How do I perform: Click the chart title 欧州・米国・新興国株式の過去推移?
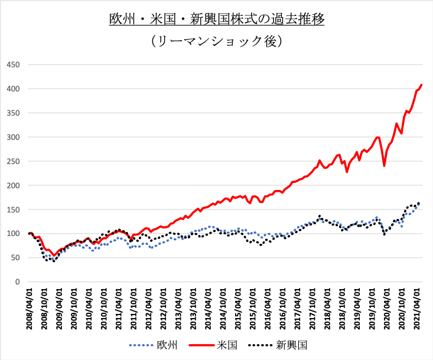pyautogui.click(x=217, y=19)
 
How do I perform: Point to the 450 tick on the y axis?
pyautogui.click(x=13, y=64)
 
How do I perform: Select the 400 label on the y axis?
pyautogui.click(x=13, y=89)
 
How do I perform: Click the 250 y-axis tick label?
pyautogui.click(x=13, y=161)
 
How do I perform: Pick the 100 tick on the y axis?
pyautogui.click(x=13, y=234)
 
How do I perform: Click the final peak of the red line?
pyautogui.click(x=421, y=85)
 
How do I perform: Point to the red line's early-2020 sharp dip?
pyautogui.click(x=385, y=166)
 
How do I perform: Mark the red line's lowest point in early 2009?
pyautogui.click(x=54, y=256)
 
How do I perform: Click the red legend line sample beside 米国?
pyautogui.click(x=204, y=344)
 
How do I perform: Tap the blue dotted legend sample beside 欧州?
pyautogui.click(x=141, y=344)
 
